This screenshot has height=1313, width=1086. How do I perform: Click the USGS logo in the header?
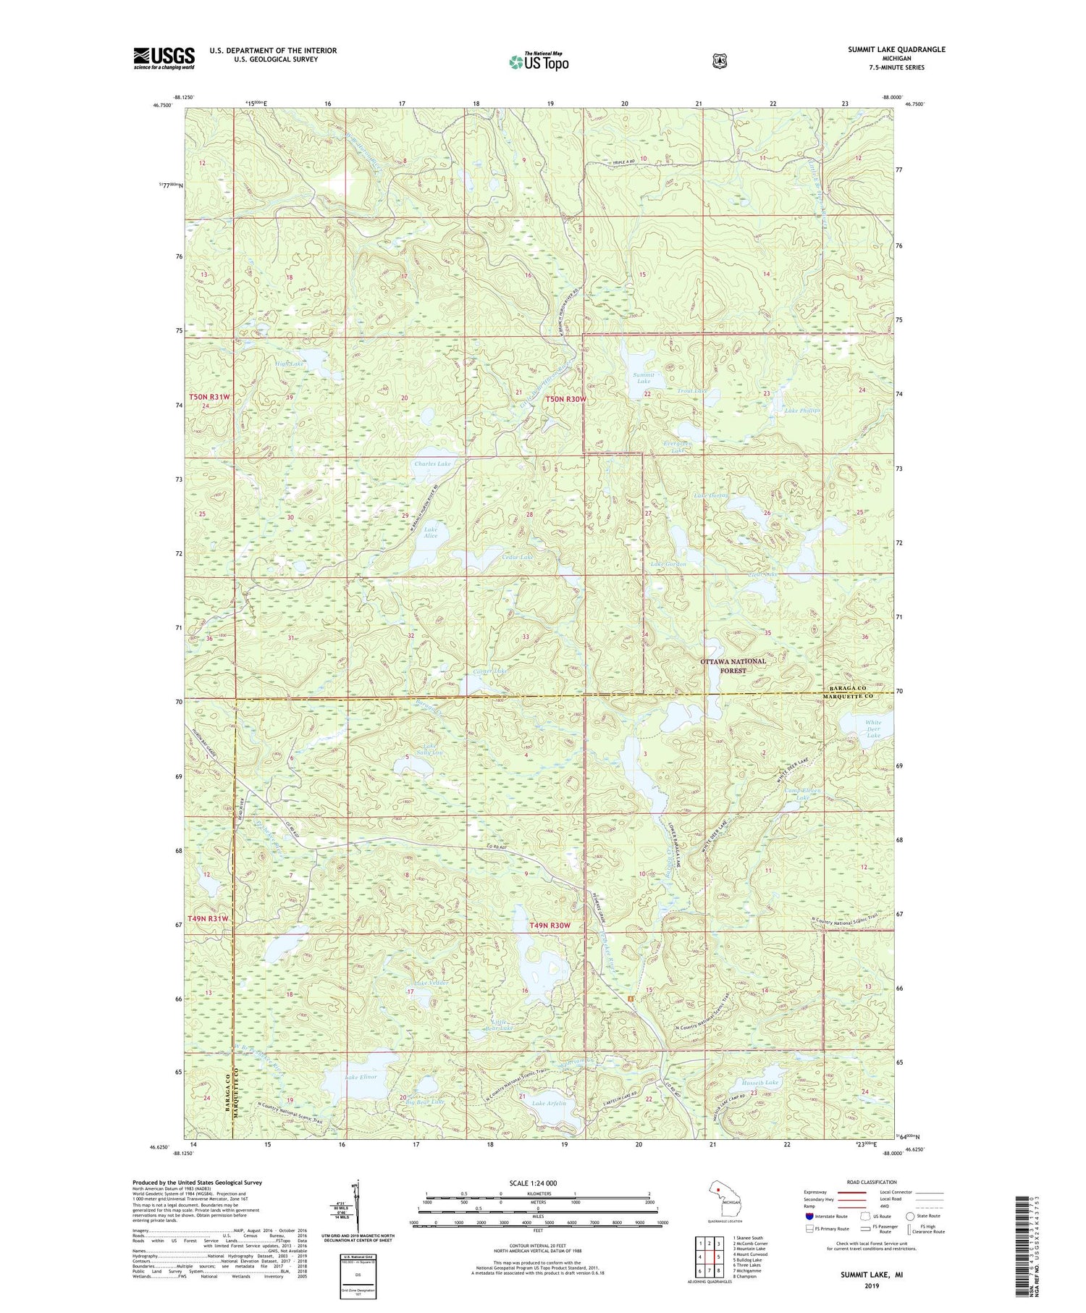[164, 58]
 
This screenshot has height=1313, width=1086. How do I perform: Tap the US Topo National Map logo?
[539, 61]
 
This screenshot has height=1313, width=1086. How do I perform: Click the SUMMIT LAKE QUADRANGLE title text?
[896, 49]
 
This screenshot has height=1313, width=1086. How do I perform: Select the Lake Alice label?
[431, 532]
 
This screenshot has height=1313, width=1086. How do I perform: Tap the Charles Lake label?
[432, 463]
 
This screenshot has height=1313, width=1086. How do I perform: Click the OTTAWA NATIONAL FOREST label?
[733, 666]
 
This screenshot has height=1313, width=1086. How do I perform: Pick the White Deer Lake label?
[873, 728]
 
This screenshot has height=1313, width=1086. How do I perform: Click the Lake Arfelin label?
[549, 1103]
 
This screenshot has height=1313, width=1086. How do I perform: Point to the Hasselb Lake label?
[759, 1083]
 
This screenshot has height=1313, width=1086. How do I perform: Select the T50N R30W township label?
[565, 399]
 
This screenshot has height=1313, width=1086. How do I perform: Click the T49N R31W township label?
[209, 918]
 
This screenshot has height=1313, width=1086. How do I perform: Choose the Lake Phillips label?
[802, 411]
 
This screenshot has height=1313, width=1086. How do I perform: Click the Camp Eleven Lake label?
[803, 794]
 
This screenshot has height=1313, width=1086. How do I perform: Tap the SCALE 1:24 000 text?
[533, 1183]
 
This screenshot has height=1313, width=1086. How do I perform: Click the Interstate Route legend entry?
[826, 1216]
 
